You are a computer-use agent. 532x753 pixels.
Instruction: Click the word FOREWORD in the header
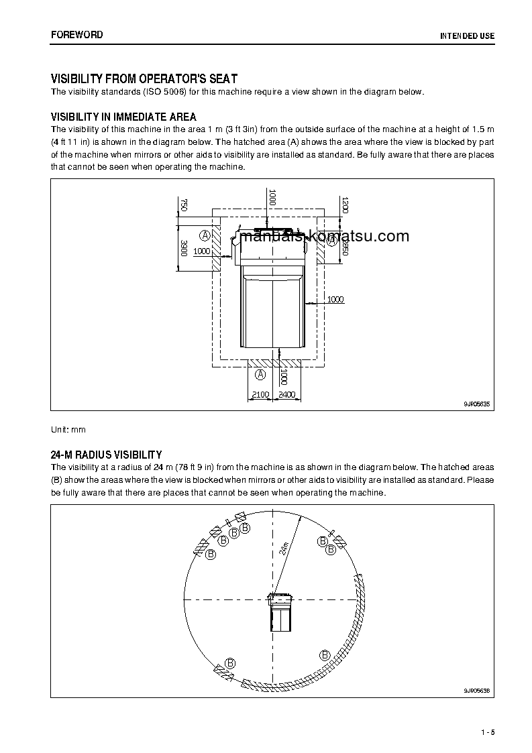pos(77,35)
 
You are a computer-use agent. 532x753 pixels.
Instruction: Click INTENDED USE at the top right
pos(467,36)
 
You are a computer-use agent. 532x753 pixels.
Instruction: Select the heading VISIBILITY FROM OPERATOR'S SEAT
pos(144,79)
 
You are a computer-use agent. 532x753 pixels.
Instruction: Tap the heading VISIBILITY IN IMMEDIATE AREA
pos(123,117)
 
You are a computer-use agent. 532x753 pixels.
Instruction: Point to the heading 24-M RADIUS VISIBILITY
pos(106,455)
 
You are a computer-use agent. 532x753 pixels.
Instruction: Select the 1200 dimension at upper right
pos(345,205)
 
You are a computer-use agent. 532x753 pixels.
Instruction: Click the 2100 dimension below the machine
pos(260,395)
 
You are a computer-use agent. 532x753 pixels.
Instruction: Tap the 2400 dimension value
pos(286,395)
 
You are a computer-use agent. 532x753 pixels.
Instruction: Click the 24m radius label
pos(284,548)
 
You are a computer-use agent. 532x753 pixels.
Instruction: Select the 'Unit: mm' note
pos(68,429)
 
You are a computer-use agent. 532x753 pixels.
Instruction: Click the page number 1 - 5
pos(487,732)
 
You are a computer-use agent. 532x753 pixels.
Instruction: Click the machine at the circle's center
pos(280,611)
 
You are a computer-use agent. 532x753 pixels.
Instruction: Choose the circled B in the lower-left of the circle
pos(230,662)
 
